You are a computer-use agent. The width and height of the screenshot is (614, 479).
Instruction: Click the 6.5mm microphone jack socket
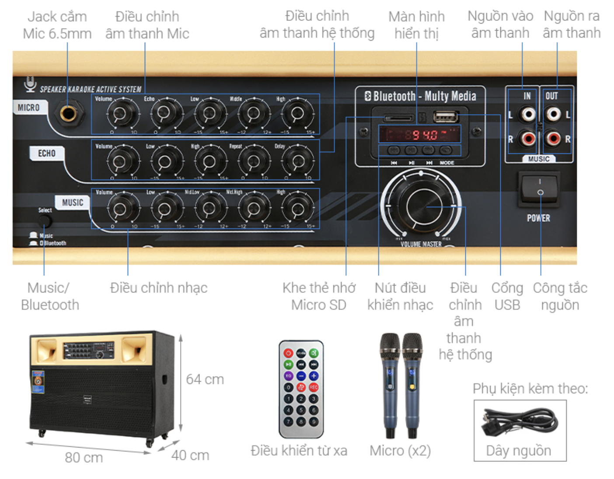(x=68, y=114)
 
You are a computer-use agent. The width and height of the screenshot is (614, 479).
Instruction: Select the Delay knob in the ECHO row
(x=297, y=161)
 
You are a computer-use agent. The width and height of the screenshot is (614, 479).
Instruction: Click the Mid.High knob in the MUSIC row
(x=254, y=208)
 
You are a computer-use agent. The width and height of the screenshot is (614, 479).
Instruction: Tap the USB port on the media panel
(x=446, y=117)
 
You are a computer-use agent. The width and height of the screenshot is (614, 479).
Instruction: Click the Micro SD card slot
(x=398, y=118)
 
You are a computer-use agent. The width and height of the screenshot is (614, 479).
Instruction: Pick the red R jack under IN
(x=528, y=139)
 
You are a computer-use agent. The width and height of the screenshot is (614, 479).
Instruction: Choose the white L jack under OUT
(x=553, y=115)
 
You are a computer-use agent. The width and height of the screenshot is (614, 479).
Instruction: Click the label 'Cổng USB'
(x=507, y=296)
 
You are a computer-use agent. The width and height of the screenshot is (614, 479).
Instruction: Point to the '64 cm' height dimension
(x=205, y=379)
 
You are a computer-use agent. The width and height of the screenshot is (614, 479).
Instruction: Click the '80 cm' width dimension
(x=84, y=458)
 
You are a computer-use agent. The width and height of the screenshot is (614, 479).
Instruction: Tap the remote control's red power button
(x=289, y=353)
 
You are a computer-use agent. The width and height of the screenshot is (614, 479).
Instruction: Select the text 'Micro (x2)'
(x=400, y=451)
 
